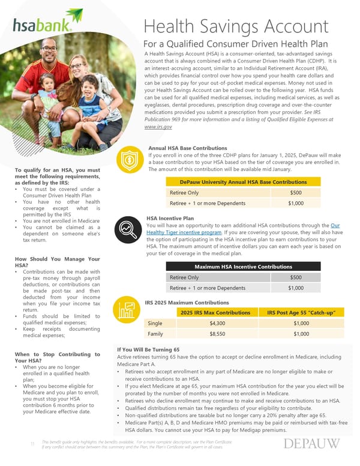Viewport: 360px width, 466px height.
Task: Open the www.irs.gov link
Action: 158,127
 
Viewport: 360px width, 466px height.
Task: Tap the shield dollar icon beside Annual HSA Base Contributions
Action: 130,160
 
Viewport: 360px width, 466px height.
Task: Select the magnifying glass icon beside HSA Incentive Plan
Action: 130,229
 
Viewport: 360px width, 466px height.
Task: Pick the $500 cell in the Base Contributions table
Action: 296,193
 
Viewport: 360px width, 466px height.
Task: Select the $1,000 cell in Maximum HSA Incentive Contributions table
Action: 296,288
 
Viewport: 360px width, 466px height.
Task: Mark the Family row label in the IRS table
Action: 155,334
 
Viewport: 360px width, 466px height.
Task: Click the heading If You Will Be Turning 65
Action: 148,349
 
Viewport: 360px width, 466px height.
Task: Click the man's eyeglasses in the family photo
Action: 50,49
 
